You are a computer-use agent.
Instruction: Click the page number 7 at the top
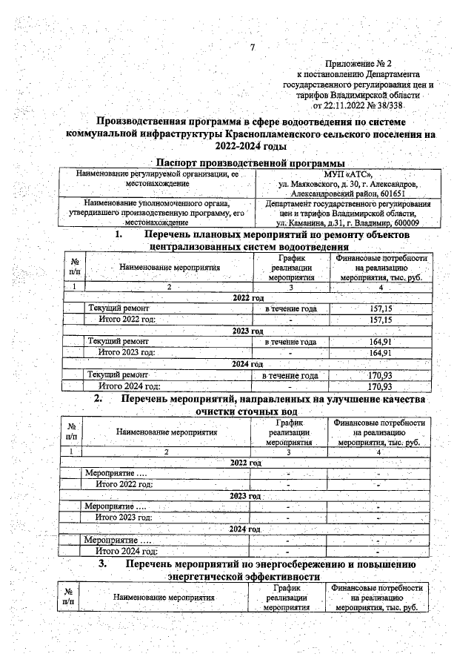coord(252,48)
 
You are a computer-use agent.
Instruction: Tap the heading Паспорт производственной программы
coord(251,162)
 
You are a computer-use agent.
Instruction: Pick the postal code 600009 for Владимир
coord(400,222)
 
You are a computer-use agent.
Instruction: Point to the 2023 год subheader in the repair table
coord(248,331)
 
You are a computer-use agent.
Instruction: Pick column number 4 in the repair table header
coord(380,286)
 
